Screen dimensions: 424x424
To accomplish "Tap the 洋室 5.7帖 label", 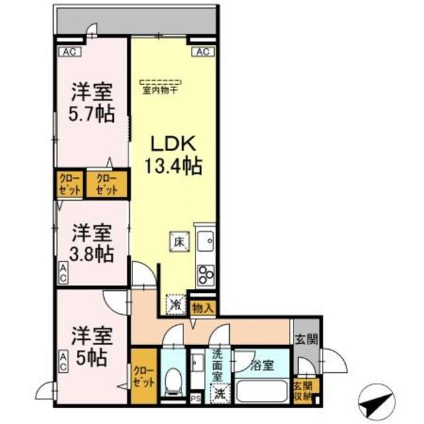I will tap(92, 102).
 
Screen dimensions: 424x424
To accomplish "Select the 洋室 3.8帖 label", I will tap(92, 242).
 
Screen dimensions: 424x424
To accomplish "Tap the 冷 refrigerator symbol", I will tap(175, 303).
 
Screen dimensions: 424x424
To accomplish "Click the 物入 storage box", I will tap(203, 307).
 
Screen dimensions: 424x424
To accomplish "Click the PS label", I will tap(195, 398).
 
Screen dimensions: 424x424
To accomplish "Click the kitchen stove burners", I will tap(205, 274).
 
